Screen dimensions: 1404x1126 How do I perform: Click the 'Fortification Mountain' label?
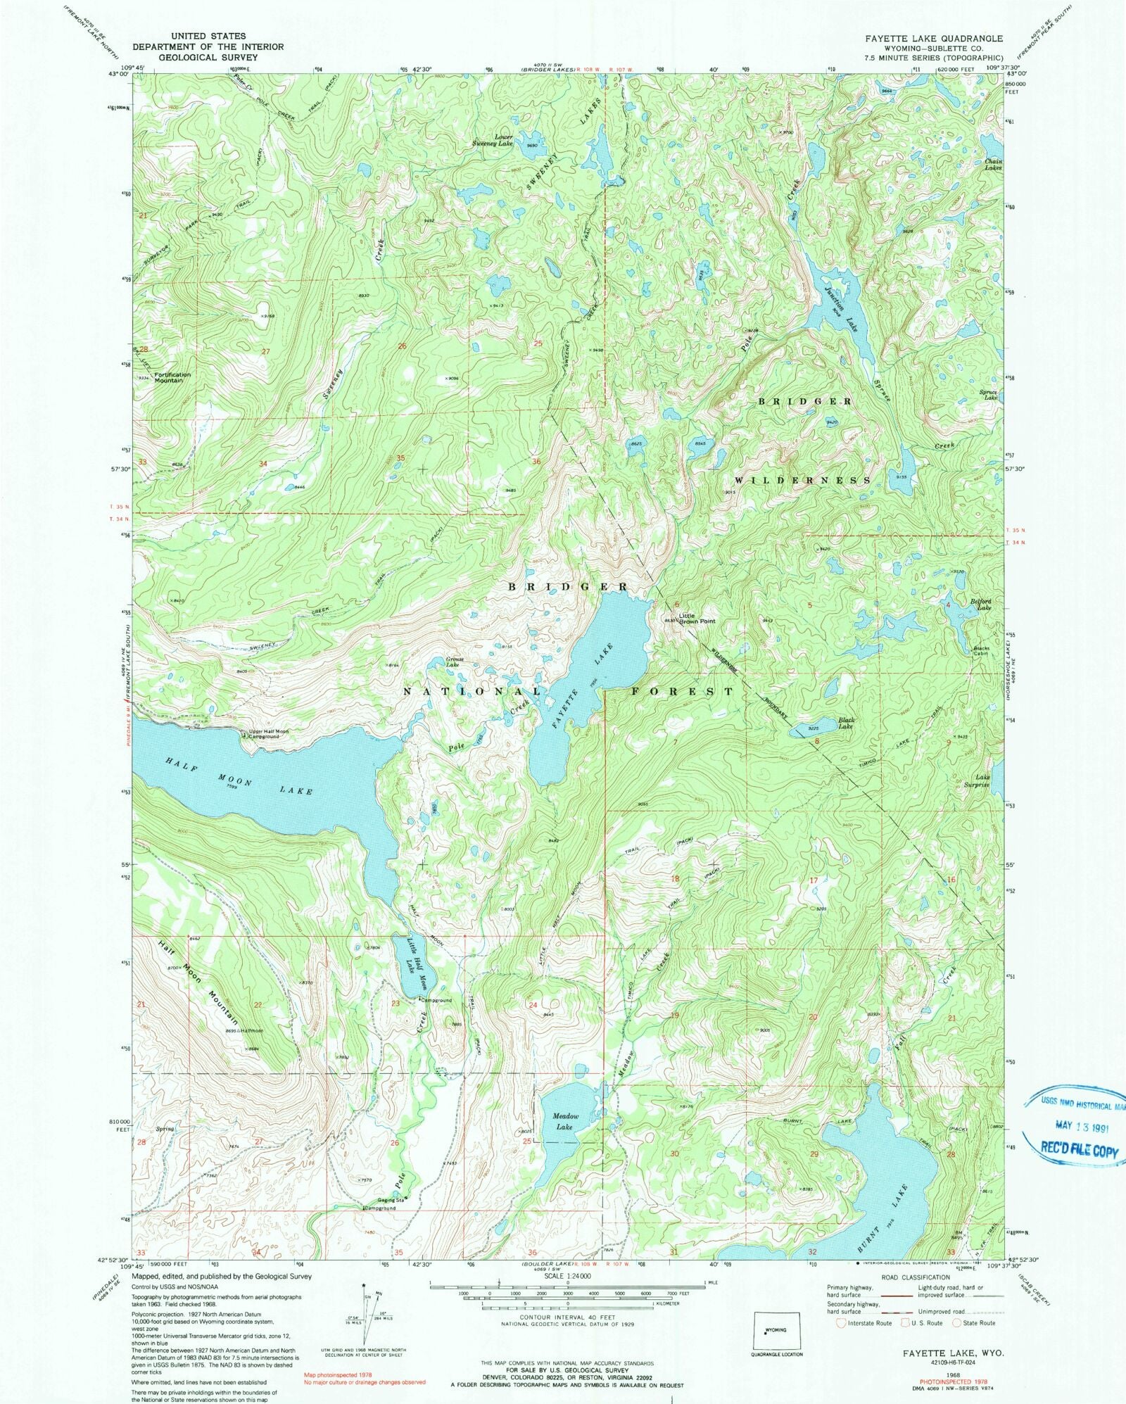(173, 377)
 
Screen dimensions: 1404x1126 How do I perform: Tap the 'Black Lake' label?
(846, 723)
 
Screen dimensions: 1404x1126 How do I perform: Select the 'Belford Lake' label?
(981, 605)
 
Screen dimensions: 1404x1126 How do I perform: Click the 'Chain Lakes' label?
(993, 165)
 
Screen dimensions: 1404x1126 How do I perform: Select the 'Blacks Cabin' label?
(981, 650)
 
